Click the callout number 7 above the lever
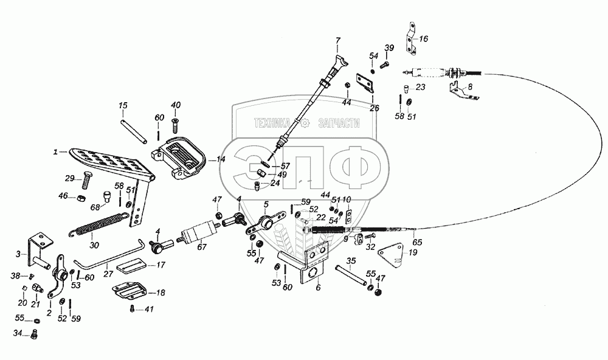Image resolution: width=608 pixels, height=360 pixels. [x=337, y=41]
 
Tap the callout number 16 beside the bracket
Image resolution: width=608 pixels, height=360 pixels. [x=423, y=39]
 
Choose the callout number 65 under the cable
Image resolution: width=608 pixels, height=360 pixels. [x=417, y=243]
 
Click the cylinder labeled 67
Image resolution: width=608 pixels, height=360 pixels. [x=199, y=232]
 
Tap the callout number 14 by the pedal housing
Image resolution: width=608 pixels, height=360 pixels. [x=221, y=159]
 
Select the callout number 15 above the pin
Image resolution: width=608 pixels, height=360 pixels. [x=123, y=105]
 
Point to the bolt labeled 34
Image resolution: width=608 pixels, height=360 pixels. [x=33, y=334]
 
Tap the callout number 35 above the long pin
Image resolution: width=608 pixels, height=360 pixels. [x=351, y=261]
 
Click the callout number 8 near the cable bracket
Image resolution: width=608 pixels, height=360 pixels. [x=471, y=87]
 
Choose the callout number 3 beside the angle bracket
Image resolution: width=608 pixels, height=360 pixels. [x=18, y=254]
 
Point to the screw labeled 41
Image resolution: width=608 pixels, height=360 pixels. [x=133, y=309]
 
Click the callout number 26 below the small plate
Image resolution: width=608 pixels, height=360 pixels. [x=374, y=108]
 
